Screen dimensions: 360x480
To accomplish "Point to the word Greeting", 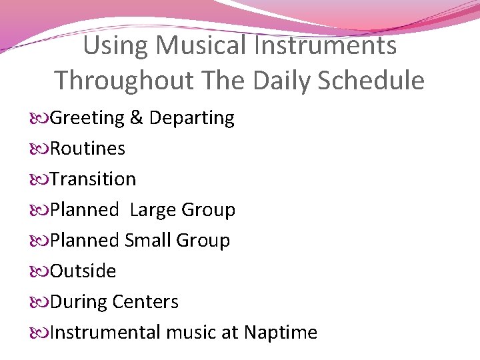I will point(87,118).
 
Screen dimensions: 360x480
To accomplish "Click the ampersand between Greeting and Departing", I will point(137,118).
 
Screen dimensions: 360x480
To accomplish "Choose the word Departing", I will point(192,118).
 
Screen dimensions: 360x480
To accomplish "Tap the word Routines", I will point(87,149).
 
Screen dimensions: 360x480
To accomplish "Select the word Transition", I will point(93,179).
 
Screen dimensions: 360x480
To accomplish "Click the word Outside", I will point(83,271).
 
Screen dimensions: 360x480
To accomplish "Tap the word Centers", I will point(145,302).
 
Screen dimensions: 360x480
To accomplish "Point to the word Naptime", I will point(281,333).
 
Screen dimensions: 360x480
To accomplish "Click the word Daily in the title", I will point(283,81).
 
